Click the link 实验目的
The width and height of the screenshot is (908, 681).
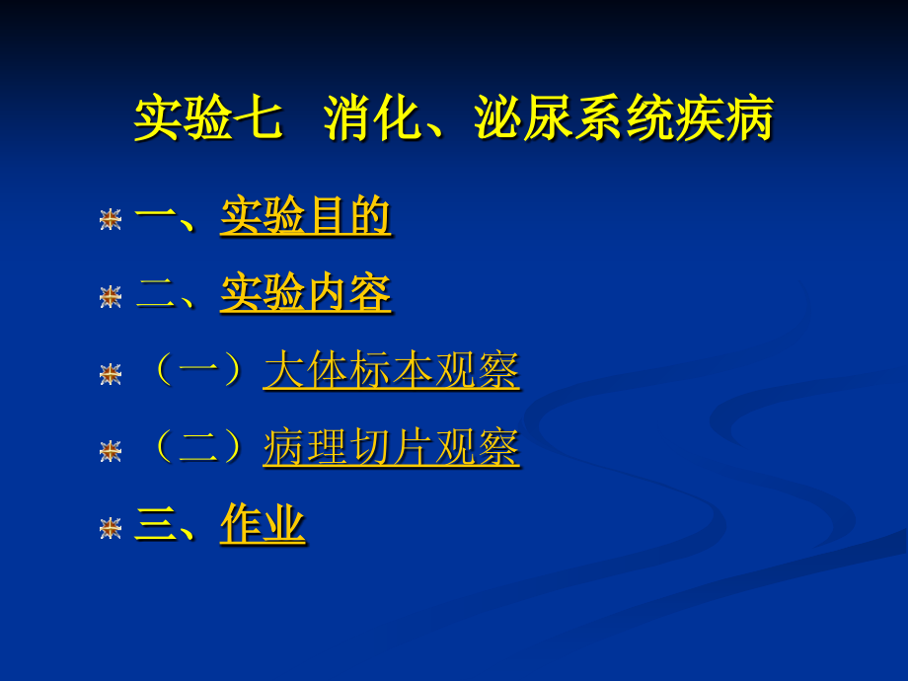point(305,217)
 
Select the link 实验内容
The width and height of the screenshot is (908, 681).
point(305,294)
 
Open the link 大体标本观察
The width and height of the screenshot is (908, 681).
point(391,372)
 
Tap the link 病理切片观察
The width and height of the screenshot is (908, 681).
point(391,449)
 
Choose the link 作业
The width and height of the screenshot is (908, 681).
point(263,525)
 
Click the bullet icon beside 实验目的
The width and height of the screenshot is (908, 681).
point(111,219)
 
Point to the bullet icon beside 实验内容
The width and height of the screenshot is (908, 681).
point(111,296)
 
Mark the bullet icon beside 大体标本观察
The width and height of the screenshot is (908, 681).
point(111,374)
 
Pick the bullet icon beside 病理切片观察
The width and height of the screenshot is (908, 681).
point(111,451)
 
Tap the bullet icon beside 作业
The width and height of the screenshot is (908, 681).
point(111,528)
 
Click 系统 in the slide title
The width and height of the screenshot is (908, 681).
point(624,120)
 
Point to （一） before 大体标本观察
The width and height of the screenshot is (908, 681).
point(195,372)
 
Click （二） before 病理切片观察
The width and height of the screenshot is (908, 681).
point(195,449)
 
